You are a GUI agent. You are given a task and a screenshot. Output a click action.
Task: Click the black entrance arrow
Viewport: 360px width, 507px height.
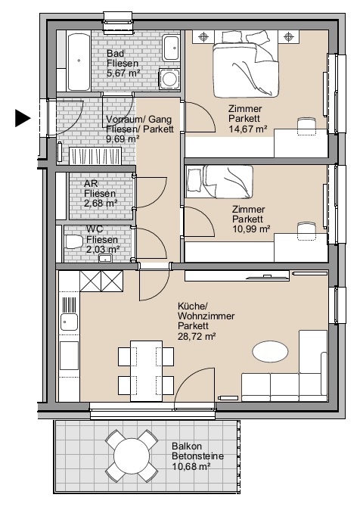point(23,118)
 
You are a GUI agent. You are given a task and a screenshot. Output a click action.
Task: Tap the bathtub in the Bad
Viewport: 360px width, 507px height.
point(79,61)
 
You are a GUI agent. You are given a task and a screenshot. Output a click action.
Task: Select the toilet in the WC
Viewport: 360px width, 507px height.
point(74,241)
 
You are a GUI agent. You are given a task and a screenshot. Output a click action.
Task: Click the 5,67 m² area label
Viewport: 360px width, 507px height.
point(123,73)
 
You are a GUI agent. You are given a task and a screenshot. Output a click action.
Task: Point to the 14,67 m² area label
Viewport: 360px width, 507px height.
point(247,129)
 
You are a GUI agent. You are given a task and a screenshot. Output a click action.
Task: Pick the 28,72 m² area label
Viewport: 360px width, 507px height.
point(197,336)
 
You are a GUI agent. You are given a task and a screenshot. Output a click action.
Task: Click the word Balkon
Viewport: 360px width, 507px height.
point(187,446)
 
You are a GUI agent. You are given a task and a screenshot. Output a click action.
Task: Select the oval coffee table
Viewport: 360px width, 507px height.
point(270,352)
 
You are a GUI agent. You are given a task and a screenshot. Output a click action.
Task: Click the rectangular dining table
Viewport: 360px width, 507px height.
point(147,371)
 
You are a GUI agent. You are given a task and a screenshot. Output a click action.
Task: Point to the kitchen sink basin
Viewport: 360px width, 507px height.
point(69,322)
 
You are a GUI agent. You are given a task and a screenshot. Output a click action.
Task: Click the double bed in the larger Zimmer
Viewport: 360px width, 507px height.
point(246,64)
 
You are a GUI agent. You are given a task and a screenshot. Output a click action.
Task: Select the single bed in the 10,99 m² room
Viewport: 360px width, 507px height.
point(219,182)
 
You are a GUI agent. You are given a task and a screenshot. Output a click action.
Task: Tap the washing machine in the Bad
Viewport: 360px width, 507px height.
point(169,78)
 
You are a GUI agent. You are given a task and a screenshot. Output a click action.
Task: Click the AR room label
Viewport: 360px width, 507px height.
point(91,183)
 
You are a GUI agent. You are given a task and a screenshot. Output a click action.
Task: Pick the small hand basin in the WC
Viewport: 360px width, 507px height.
point(105,258)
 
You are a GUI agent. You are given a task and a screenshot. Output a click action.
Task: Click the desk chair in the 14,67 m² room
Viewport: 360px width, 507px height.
point(306,126)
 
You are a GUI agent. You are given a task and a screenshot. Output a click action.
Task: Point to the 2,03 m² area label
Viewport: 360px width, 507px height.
point(103,249)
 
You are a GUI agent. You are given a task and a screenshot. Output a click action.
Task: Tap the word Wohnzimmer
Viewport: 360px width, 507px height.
point(206,316)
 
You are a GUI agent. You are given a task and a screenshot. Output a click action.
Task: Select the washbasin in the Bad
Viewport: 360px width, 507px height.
point(171,48)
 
